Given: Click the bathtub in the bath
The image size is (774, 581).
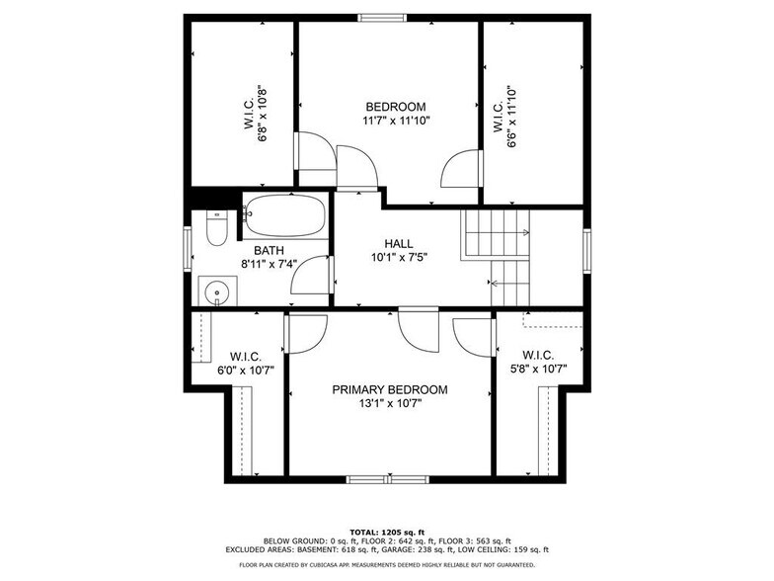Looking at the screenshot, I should click(284, 214).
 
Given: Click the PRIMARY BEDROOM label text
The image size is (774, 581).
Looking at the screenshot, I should click(389, 389).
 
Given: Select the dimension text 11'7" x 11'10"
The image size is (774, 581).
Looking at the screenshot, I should click(395, 122).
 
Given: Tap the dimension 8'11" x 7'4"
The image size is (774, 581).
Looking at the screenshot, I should click(270, 265).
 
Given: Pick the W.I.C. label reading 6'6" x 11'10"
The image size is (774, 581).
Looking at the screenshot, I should click(510, 116).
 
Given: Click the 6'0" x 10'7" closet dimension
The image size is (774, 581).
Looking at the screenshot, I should click(245, 371).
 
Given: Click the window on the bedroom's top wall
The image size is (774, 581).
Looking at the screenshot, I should click(381, 17).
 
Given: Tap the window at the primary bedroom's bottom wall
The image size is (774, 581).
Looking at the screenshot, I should click(387, 479).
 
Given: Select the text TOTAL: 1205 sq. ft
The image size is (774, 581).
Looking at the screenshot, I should click(387, 533).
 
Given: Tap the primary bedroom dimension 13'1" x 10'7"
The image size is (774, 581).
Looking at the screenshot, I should click(389, 404).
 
